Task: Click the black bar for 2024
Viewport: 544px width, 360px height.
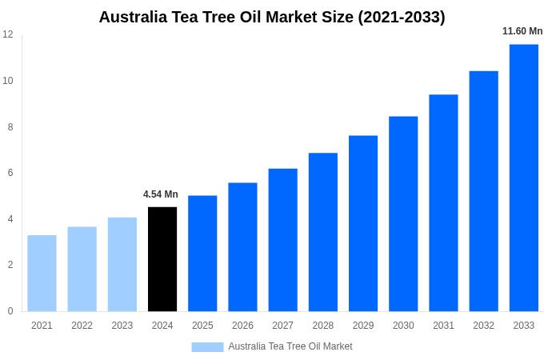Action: point(162,259)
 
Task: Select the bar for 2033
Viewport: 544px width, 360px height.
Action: point(524,178)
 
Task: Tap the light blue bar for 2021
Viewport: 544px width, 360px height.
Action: point(42,273)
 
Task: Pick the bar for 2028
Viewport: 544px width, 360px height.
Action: point(323,232)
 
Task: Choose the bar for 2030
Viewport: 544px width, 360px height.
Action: point(403,214)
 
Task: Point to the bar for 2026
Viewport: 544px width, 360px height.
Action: point(242,246)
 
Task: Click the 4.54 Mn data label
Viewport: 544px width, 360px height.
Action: point(161,194)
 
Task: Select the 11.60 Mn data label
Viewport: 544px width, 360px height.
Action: point(522,31)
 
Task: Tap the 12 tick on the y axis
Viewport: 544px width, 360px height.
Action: point(8,34)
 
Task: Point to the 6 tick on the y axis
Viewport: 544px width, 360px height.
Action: point(10,173)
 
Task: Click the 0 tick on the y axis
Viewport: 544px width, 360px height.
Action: point(10,311)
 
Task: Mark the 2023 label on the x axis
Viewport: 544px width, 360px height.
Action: point(122,326)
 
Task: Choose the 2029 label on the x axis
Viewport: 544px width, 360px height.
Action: point(363,326)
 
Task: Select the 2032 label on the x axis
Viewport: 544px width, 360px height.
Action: point(483,326)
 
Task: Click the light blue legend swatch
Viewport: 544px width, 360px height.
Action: point(207,347)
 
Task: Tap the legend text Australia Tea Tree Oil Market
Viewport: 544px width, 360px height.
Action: point(290,346)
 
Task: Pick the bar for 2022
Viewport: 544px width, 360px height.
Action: point(82,269)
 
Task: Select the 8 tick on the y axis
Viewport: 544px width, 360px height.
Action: point(10,126)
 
